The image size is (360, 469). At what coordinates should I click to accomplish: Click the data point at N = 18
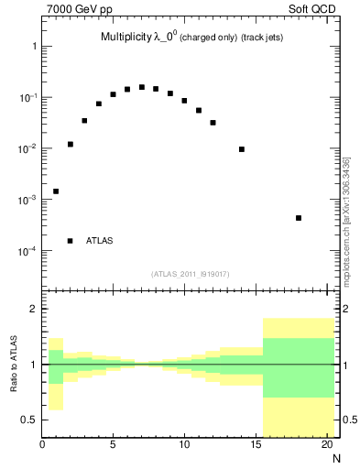click(x=299, y=218)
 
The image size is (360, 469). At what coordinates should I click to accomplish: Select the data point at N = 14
click(x=242, y=149)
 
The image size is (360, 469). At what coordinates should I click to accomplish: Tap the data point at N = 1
click(x=56, y=191)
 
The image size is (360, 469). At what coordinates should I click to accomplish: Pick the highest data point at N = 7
click(x=142, y=87)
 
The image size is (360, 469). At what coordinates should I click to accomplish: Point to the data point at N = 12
click(x=213, y=123)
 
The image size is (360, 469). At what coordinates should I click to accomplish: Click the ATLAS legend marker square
click(x=70, y=241)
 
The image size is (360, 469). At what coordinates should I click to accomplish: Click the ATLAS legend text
click(x=100, y=241)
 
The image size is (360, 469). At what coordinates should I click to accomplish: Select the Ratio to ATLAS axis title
click(x=14, y=364)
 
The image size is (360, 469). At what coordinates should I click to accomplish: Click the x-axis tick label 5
click(x=114, y=446)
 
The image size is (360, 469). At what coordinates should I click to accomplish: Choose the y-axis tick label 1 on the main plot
click(x=33, y=46)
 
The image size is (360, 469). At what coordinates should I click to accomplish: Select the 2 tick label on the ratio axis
click(x=33, y=310)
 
